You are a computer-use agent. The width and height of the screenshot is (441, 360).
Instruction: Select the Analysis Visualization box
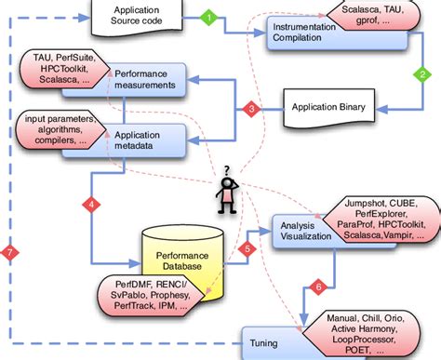[x=303, y=230]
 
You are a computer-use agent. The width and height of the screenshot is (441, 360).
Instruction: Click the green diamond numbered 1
[x=209, y=17]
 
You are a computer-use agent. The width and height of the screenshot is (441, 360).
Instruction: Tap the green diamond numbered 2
[x=421, y=76]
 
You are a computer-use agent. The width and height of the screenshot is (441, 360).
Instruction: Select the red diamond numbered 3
[x=250, y=110]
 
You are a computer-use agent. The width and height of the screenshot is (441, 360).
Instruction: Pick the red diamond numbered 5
[x=246, y=248]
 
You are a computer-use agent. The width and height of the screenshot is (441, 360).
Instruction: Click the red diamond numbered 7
[x=9, y=252]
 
